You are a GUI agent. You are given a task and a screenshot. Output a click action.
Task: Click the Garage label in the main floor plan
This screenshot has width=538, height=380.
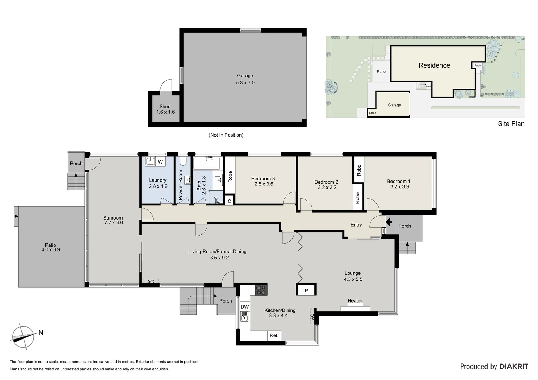pos(245,76)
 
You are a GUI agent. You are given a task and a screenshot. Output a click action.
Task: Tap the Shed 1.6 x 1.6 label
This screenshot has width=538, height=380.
pos(165,109)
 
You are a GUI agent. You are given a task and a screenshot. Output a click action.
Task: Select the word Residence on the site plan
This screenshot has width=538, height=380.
pos(434,65)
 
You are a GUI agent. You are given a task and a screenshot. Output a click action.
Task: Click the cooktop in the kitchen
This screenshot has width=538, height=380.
pos(261,290)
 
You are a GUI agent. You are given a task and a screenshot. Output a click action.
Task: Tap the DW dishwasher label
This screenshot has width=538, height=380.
pos(244,307)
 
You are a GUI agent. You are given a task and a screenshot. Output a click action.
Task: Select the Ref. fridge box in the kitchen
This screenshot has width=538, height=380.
pos(274,335)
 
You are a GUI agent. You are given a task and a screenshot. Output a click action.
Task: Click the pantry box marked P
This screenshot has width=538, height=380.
pos(306,290)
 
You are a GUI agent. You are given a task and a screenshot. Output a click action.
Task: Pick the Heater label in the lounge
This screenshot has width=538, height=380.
pos(355,301)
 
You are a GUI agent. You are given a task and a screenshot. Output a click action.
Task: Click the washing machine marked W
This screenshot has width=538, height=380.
pos(160,162)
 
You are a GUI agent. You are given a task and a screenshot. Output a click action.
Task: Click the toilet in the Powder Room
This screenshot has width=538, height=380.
pos(183,161)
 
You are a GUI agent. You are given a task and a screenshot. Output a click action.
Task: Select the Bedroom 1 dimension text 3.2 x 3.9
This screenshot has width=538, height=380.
pos(399,187)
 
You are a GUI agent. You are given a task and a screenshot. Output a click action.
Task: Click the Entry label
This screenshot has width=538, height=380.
pos(356,225)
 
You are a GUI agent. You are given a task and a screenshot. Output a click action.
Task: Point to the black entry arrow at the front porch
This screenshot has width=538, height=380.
pos(388,222)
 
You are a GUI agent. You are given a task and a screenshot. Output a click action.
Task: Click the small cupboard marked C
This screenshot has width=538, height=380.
pos(229,201)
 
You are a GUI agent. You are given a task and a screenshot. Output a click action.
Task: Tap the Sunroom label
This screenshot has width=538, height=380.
pos(113,218)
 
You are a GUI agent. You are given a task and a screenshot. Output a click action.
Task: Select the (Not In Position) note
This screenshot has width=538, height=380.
pos(226,135)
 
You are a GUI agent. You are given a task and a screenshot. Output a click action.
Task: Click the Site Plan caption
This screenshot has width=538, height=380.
pos(511,124)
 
